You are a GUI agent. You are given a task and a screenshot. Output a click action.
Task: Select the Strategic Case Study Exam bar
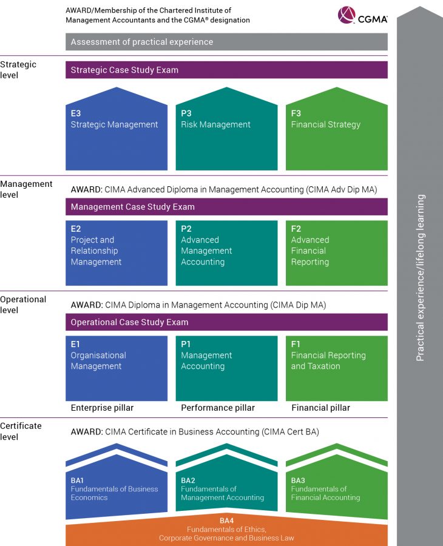click(x=226, y=70)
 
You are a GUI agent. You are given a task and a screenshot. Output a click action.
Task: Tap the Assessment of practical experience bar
click(x=226, y=42)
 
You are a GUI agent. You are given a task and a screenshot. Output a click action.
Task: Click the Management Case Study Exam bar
click(x=226, y=207)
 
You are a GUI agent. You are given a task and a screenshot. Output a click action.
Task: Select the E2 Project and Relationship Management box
click(x=117, y=252)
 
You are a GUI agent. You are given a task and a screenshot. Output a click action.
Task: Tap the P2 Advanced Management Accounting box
click(x=226, y=252)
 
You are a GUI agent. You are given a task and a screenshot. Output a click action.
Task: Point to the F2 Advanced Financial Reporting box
click(x=336, y=252)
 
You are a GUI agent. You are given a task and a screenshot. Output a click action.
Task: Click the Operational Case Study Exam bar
click(x=226, y=322)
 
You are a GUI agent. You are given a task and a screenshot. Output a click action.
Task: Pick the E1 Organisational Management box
click(x=117, y=368)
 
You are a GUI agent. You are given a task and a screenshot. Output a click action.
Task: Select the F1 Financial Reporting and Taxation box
click(x=336, y=368)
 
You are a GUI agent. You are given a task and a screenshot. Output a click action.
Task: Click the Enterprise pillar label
click(x=102, y=408)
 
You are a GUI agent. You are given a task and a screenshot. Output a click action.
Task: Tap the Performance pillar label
click(x=218, y=408)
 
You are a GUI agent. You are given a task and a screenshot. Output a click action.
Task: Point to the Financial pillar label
click(x=320, y=408)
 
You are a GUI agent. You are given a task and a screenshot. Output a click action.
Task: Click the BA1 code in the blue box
click(x=78, y=480)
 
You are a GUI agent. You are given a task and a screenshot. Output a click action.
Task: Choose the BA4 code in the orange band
click(x=226, y=521)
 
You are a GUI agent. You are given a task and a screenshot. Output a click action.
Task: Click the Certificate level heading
click(x=21, y=431)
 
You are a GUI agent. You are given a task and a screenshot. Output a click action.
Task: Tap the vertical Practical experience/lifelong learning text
click(x=421, y=278)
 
